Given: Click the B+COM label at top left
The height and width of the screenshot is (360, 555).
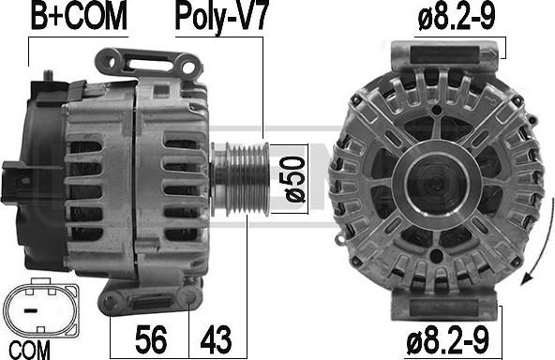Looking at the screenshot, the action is [79, 16].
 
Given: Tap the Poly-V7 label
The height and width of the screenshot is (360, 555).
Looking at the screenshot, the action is [222, 17].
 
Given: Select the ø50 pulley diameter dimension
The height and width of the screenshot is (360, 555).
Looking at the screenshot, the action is [294, 179].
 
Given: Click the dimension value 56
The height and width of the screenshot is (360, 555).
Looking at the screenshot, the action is [151, 339].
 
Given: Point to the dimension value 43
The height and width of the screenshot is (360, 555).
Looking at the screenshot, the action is [216, 339].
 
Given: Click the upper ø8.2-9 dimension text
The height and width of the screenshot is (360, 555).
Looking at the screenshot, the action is [457, 17].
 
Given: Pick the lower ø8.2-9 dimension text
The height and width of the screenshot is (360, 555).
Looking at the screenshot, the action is [448, 339].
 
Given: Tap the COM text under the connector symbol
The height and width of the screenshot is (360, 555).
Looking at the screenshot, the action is [30, 350].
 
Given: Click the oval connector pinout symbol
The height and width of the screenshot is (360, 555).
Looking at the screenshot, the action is [40, 307].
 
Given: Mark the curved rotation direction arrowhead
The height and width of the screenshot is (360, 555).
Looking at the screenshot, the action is [527, 277].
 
